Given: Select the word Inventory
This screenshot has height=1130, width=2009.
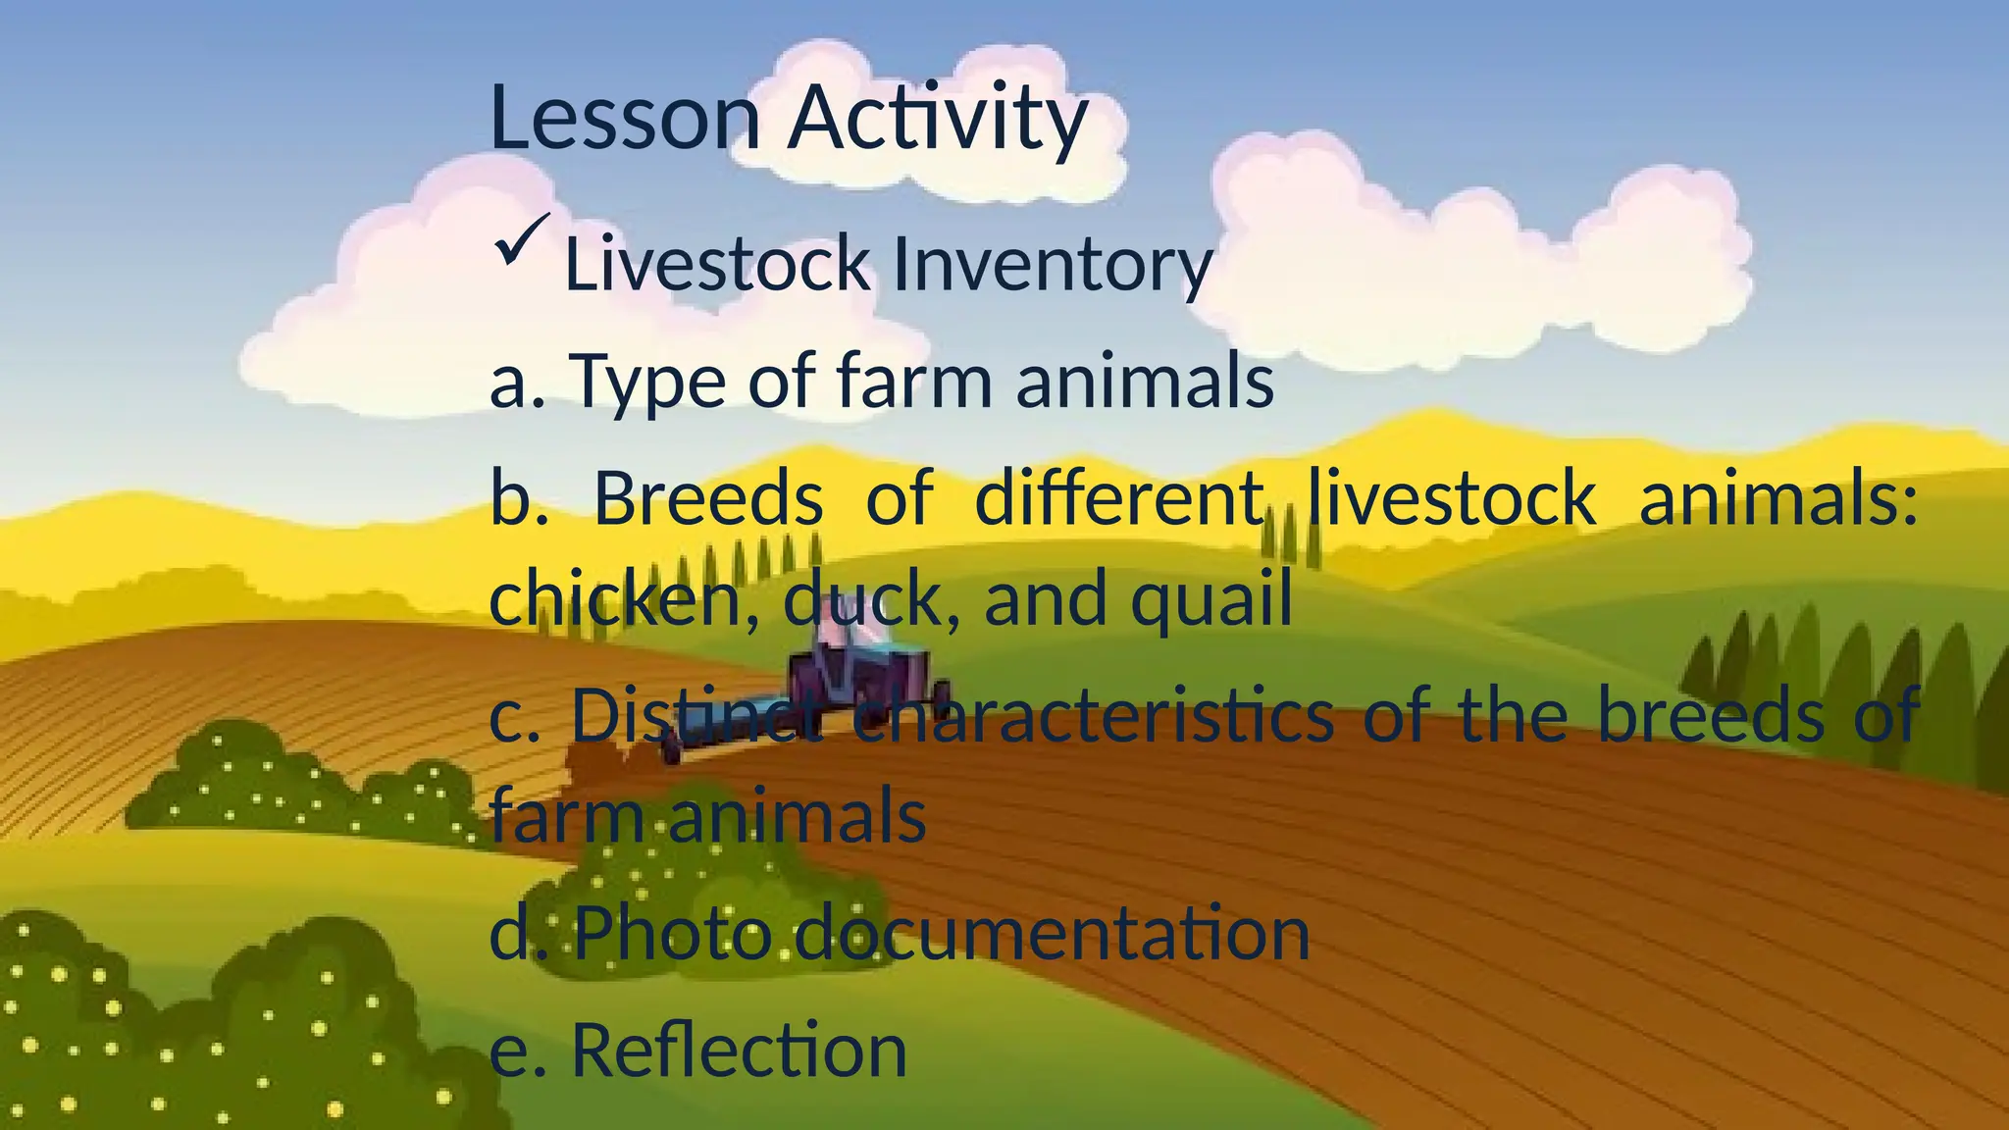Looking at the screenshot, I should coord(1052,265).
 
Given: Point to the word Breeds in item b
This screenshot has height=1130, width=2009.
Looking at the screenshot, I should coord(708,498).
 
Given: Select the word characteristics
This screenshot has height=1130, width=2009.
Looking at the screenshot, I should coord(1093,716).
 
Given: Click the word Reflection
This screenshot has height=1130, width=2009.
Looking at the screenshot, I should coord(739,1050).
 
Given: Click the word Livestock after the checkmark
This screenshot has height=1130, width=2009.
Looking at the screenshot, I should coord(717,265).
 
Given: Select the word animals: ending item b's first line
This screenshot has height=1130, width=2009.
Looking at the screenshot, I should coord(1777,498).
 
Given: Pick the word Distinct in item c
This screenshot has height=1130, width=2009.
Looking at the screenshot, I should coord(696,716).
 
